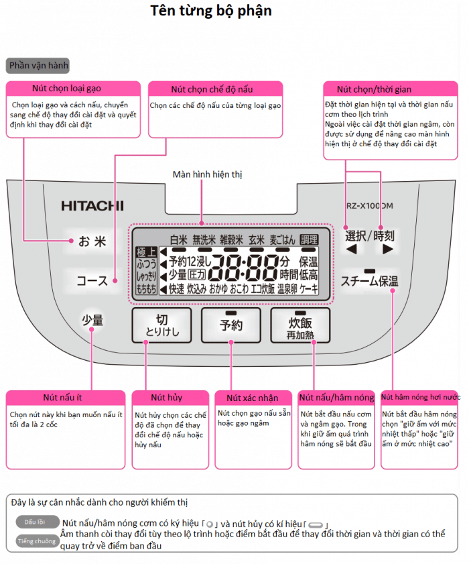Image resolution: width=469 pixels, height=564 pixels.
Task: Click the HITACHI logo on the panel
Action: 92,206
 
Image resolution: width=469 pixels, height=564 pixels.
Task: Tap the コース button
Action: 92,280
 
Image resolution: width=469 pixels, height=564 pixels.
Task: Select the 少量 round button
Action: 92,321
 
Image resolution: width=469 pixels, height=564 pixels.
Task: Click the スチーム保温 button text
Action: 369,281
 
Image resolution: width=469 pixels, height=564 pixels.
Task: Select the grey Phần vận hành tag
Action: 38,66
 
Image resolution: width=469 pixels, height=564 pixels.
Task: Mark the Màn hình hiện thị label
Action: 207,174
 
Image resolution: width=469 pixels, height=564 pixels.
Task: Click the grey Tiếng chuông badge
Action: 38,541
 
